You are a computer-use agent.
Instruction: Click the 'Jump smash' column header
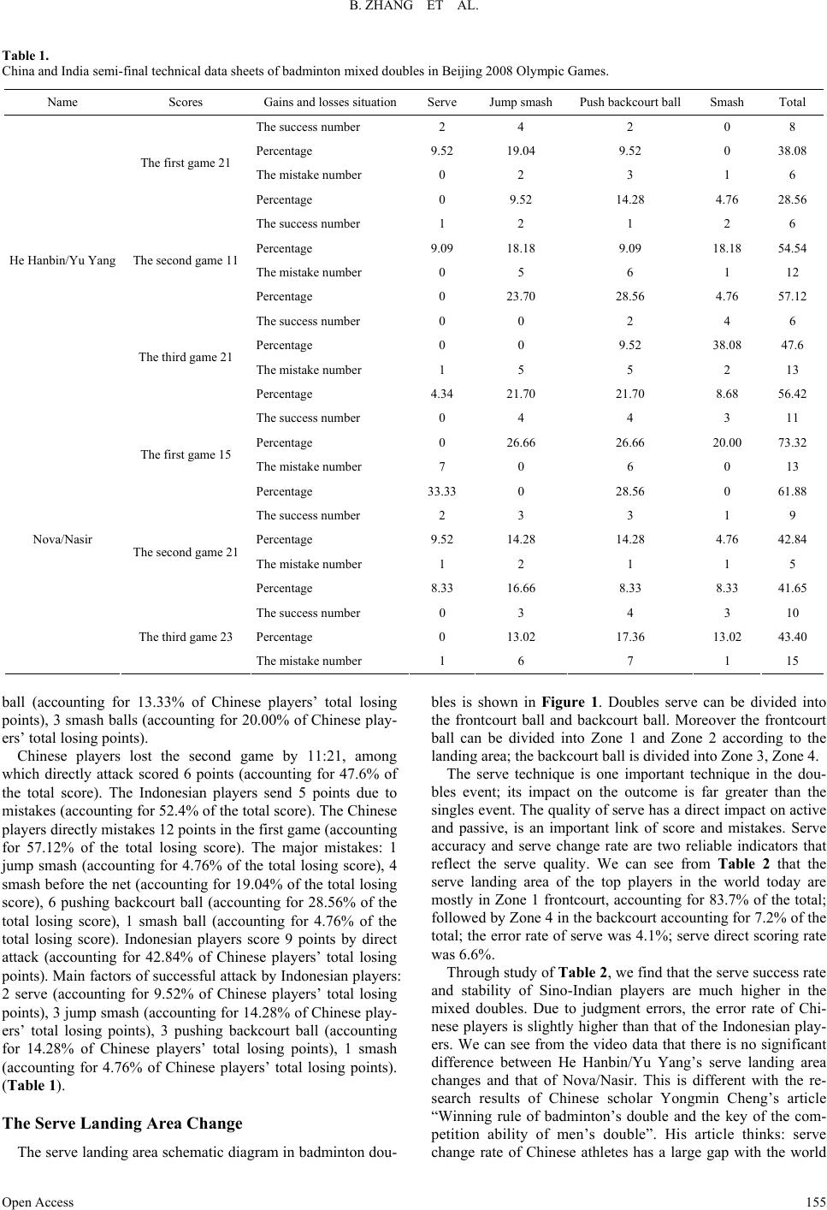[x=520, y=102]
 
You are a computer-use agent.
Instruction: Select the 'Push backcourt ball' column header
[x=629, y=102]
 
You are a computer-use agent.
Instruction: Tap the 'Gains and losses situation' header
[x=330, y=102]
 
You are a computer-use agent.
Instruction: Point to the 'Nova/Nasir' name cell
[x=62, y=540]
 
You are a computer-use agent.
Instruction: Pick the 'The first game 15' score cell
[x=186, y=454]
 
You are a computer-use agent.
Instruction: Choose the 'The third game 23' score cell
[x=186, y=637]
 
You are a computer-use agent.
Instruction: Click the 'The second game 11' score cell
[x=186, y=260]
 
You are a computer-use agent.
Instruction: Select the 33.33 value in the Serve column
[x=441, y=491]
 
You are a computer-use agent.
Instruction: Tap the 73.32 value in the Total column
[x=792, y=442]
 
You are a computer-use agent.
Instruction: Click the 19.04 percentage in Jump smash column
[x=520, y=151]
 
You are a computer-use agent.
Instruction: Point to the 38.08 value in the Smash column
[x=726, y=346]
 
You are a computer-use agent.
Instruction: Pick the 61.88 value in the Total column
[x=792, y=491]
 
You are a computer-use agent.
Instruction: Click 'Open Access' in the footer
[x=38, y=1201]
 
